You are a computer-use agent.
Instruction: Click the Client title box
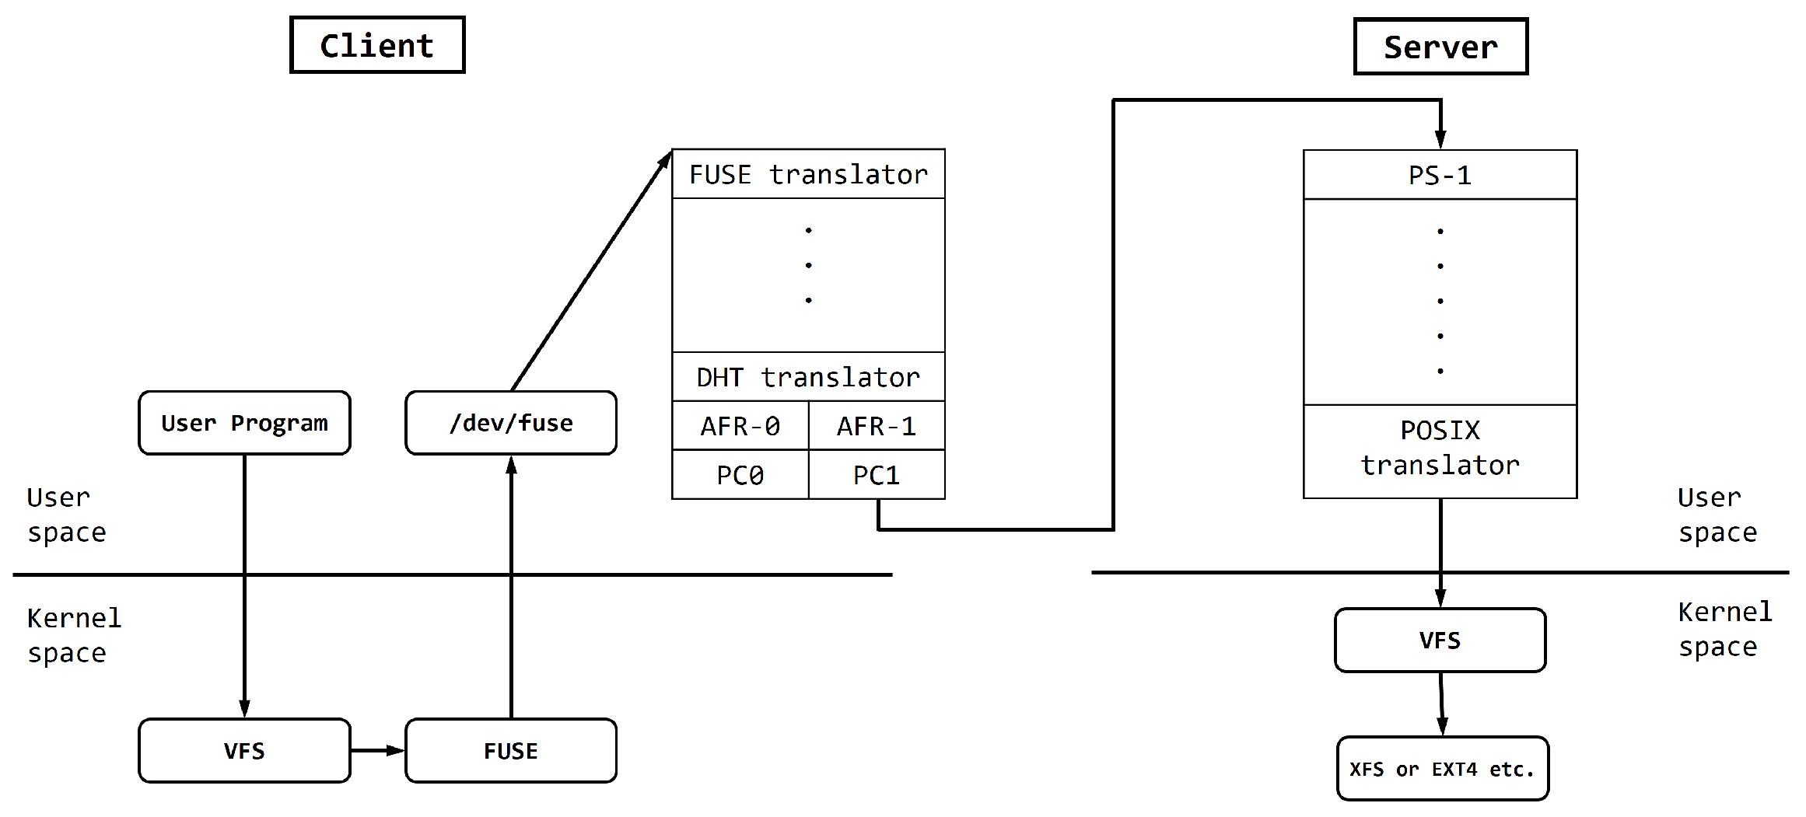tap(377, 45)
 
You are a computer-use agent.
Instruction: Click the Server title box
tap(1440, 47)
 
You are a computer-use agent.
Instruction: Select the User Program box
tap(244, 423)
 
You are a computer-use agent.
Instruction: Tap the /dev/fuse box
tap(511, 423)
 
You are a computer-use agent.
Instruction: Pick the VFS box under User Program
tap(244, 750)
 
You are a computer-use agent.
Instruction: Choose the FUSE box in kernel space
tap(511, 750)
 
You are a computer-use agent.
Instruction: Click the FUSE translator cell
tap(808, 174)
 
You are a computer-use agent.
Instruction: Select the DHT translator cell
tap(808, 377)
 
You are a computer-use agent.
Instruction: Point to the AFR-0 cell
tap(740, 426)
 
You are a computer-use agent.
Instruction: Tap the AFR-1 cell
tap(877, 426)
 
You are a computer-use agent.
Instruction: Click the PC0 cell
tap(740, 475)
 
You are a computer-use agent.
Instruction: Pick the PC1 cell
tap(877, 475)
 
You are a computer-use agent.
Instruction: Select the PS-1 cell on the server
tap(1440, 175)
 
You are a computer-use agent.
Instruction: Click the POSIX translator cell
tap(1440, 448)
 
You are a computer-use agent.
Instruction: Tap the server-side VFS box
tap(1440, 640)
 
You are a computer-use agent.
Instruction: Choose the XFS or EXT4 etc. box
tap(1442, 769)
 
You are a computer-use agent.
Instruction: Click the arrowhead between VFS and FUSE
tap(395, 750)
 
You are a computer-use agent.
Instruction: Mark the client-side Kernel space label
tap(74, 635)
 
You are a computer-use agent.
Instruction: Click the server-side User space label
tap(1717, 515)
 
